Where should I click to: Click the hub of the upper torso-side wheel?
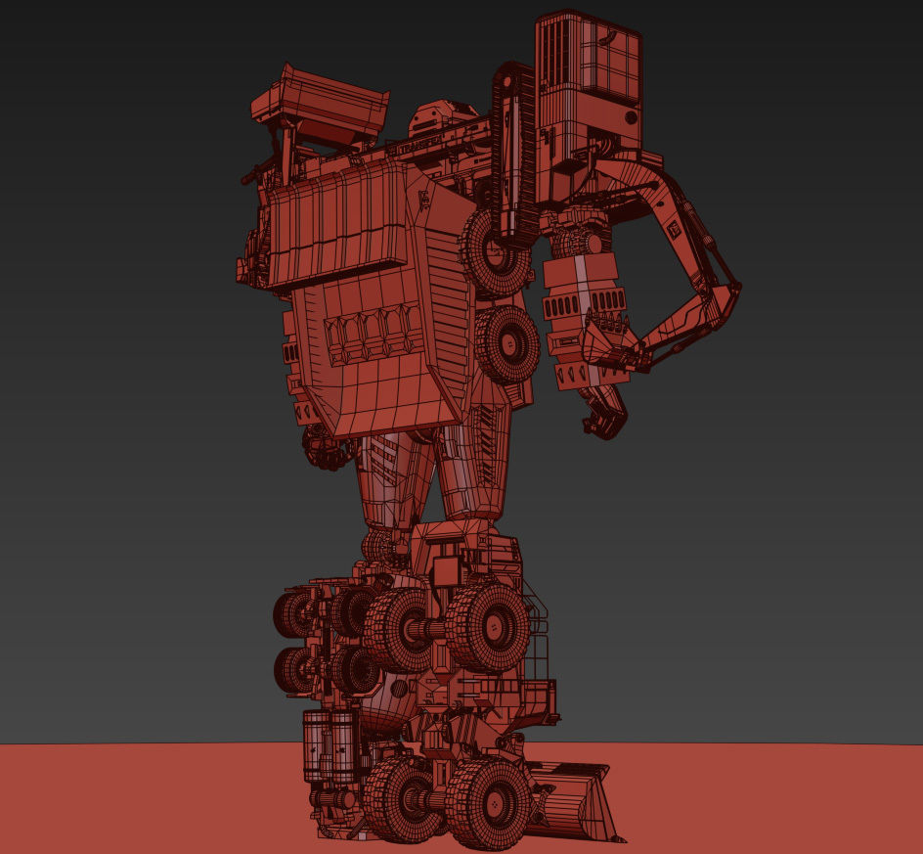(495, 256)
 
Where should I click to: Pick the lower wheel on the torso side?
(507, 343)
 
